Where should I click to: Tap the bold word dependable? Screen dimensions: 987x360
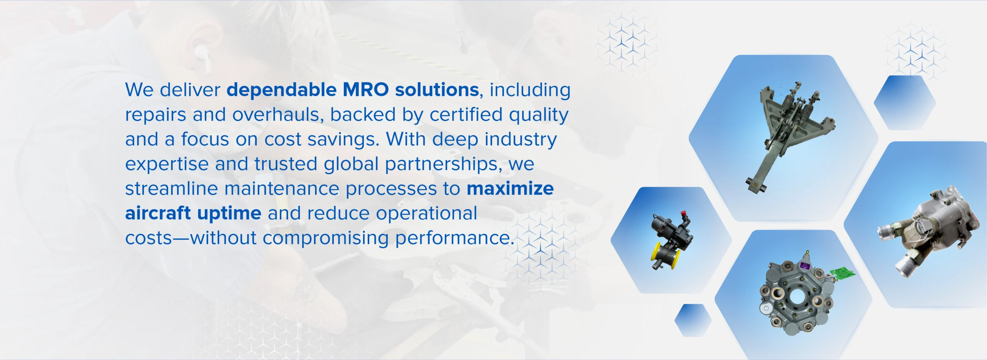(x=281, y=90)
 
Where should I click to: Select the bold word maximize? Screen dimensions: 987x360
(x=510, y=188)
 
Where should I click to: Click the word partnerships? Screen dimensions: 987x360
(x=443, y=164)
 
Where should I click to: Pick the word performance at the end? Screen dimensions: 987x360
(x=454, y=238)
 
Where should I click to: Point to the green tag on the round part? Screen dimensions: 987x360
(x=842, y=274)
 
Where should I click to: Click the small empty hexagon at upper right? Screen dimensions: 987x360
(x=905, y=103)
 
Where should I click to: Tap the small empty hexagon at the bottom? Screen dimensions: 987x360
(x=693, y=320)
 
